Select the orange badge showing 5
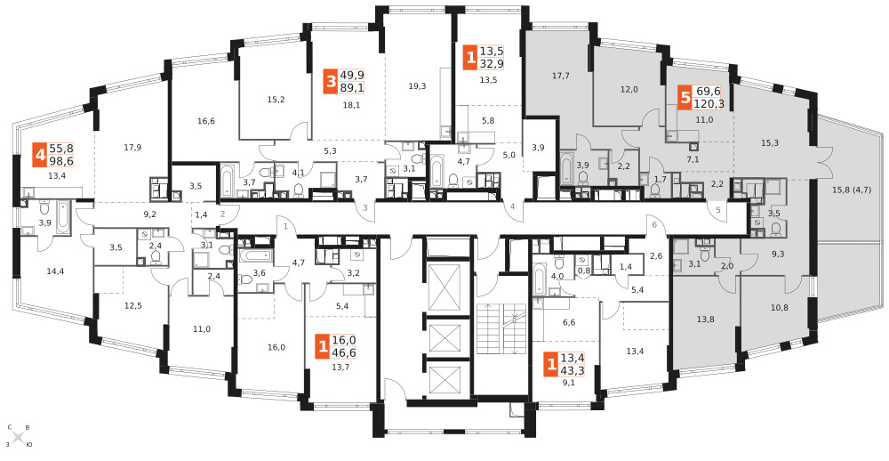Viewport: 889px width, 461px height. pyautogui.click(x=685, y=97)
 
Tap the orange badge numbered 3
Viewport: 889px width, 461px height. pyautogui.click(x=331, y=81)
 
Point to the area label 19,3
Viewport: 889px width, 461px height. pyautogui.click(x=417, y=86)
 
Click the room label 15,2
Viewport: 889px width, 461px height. pyautogui.click(x=276, y=100)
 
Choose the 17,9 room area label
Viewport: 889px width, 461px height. pyautogui.click(x=132, y=148)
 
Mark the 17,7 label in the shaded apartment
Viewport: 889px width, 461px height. pyautogui.click(x=560, y=75)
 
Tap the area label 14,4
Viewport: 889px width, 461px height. pyautogui.click(x=54, y=271)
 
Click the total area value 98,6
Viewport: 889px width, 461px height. pyautogui.click(x=61, y=161)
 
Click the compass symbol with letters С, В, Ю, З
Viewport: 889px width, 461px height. pyautogui.click(x=18, y=437)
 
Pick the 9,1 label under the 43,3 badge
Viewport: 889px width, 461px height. pyautogui.click(x=567, y=382)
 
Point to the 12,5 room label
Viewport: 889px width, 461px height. pyautogui.click(x=132, y=306)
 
